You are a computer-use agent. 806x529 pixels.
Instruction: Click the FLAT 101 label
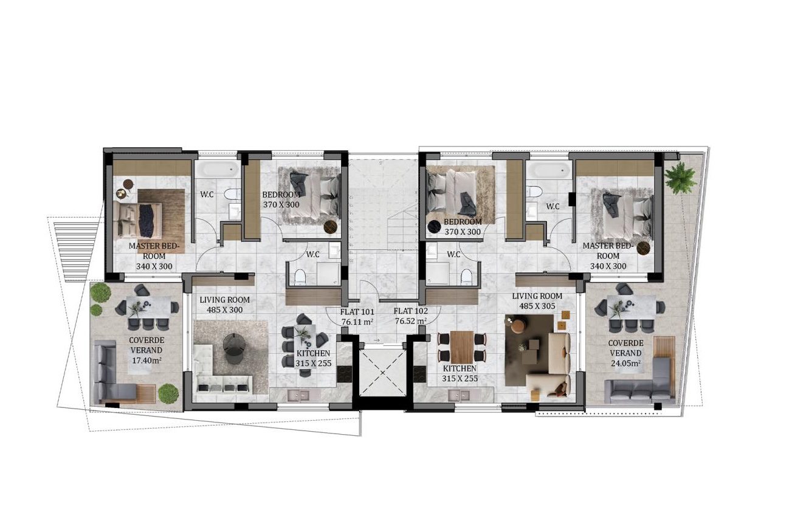(357, 312)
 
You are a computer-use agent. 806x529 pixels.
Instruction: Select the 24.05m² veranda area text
(625, 363)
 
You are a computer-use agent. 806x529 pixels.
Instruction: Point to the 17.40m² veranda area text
(146, 360)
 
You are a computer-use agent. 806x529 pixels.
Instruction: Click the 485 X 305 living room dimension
(537, 306)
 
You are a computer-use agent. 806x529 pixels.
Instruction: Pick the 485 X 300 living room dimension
(224, 309)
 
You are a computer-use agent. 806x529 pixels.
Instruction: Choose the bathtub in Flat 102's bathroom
(548, 169)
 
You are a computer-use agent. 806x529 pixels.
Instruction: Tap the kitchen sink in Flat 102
(459, 395)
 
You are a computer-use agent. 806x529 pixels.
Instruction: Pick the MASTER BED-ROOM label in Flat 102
(608, 251)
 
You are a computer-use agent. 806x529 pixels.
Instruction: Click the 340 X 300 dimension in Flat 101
(154, 266)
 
